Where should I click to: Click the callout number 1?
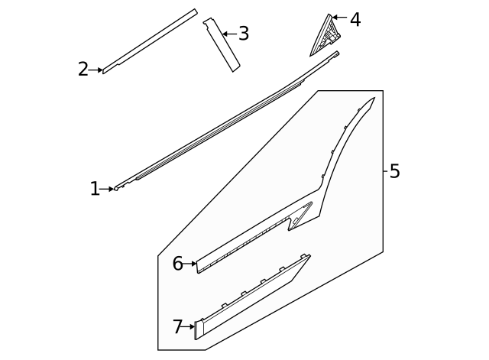click(95, 189)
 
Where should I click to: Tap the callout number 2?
click(83, 70)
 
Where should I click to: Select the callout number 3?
click(244, 34)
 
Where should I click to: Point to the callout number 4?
click(355, 20)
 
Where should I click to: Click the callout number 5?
click(394, 171)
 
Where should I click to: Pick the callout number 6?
click(178, 264)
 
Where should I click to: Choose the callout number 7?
click(177, 326)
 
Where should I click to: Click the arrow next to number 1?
click(107, 189)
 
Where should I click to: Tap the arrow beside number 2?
click(96, 70)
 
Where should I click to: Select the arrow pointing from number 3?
click(230, 34)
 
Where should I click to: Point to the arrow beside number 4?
click(339, 17)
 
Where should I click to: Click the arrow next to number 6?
click(190, 264)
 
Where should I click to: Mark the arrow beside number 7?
click(189, 327)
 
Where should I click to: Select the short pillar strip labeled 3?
click(222, 45)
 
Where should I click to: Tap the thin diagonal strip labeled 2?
click(150, 41)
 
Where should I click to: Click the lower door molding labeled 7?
click(250, 300)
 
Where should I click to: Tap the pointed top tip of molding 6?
click(374, 97)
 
